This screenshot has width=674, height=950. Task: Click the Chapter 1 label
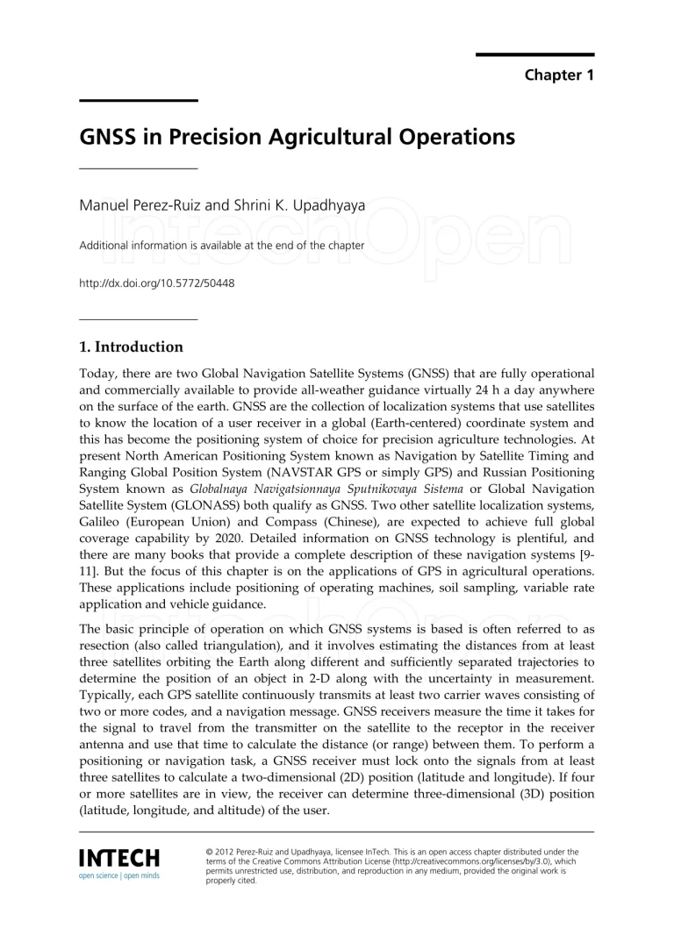pyautogui.click(x=559, y=75)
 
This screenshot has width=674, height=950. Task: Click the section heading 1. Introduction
pyautogui.click(x=131, y=346)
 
